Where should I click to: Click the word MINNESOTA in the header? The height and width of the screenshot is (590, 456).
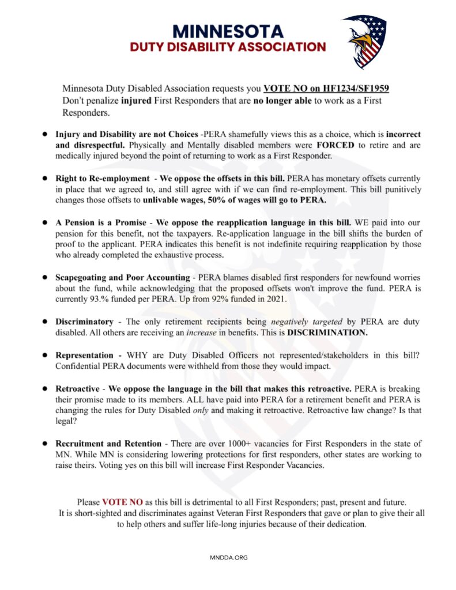click(x=229, y=30)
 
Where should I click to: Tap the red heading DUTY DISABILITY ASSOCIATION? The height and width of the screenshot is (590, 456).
click(x=228, y=47)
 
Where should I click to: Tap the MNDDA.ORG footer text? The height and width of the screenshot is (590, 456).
click(x=228, y=557)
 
